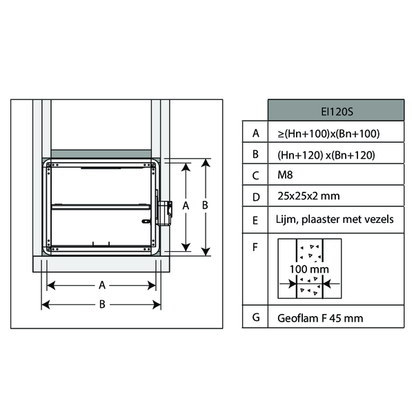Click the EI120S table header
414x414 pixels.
[x=337, y=112]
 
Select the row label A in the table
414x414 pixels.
[x=255, y=133]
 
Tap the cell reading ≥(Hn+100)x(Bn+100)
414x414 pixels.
[x=328, y=134]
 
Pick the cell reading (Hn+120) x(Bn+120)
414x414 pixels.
[x=326, y=155]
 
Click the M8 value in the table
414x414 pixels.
[x=285, y=175]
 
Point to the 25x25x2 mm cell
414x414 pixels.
[x=308, y=196]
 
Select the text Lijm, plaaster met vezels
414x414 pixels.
[x=335, y=219]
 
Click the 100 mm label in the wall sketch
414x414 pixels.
[x=309, y=269]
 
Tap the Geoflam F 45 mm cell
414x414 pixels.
[x=320, y=318]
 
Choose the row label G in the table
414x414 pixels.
[x=256, y=317]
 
